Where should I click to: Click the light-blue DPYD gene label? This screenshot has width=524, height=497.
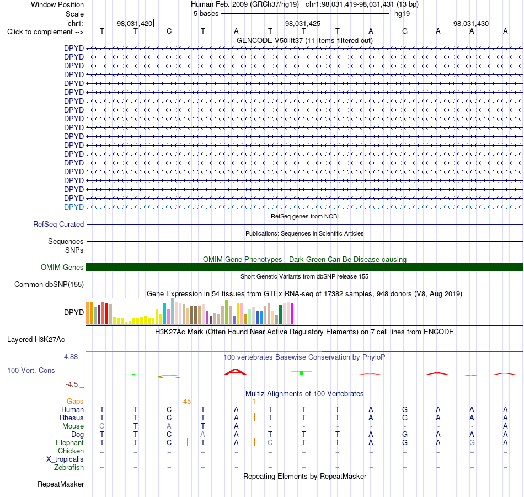pyautogui.click(x=74, y=207)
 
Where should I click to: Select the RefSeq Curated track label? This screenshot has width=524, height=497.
pyautogui.click(x=58, y=225)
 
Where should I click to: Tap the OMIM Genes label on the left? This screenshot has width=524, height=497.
pyautogui.click(x=62, y=268)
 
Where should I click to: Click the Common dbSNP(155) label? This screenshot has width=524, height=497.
pyautogui.click(x=49, y=285)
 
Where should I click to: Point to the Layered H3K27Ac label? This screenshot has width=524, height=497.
pyautogui.click(x=36, y=340)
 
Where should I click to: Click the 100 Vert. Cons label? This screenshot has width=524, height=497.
pyautogui.click(x=31, y=370)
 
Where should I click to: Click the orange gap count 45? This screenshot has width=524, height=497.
pyautogui.click(x=187, y=402)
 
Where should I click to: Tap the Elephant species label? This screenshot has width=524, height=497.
pyautogui.click(x=70, y=442)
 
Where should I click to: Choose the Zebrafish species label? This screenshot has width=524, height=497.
pyautogui.click(x=69, y=467)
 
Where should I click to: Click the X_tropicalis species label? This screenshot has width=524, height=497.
pyautogui.click(x=65, y=459)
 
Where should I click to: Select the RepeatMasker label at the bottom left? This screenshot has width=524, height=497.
pyautogui.click(x=61, y=484)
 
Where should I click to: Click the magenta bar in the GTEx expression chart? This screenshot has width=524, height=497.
pyautogui.click(x=292, y=313)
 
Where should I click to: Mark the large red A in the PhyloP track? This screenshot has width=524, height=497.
pyautogui.click(x=236, y=372)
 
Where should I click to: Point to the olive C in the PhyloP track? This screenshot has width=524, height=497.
pyautogui.click(x=169, y=377)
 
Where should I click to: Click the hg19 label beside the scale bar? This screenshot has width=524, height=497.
pyautogui.click(x=402, y=14)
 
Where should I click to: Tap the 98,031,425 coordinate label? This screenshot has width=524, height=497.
pyautogui.click(x=303, y=23)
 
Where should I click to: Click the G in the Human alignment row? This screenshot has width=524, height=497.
pyautogui.click(x=405, y=409)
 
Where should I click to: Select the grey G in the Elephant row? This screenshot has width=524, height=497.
pyautogui.click(x=472, y=442)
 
